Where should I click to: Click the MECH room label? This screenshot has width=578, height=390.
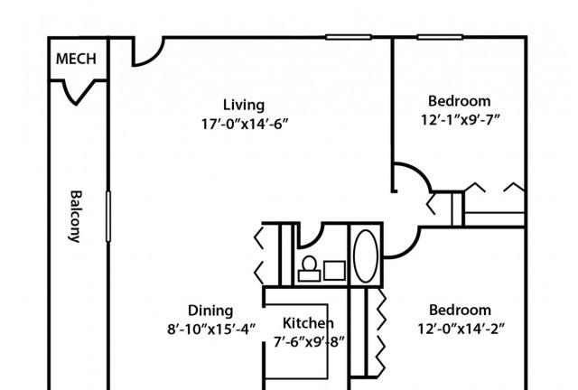click(76, 59)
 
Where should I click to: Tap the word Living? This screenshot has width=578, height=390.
click(244, 106)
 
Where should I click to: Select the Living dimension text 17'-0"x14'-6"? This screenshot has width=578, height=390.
click(244, 125)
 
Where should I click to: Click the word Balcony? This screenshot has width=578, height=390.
click(76, 217)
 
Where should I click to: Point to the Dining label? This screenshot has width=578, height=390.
click(210, 311)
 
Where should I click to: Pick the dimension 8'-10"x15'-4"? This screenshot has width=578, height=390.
click(211, 330)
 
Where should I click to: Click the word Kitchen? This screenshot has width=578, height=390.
click(308, 323)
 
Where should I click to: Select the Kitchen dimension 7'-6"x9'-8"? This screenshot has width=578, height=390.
click(309, 342)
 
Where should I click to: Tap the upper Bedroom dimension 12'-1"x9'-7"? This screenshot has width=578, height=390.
click(460, 120)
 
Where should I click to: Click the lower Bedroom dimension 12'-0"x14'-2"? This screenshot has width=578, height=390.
click(461, 329)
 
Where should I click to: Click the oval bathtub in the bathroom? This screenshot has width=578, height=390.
click(365, 255)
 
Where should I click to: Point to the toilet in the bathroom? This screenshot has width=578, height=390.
click(309, 269)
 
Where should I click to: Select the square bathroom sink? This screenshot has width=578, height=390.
click(334, 271)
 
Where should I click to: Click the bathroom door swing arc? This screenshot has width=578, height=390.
click(316, 239)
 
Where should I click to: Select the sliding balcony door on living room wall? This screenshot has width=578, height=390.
click(108, 217)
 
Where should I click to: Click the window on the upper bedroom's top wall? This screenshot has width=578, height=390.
click(440, 37)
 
